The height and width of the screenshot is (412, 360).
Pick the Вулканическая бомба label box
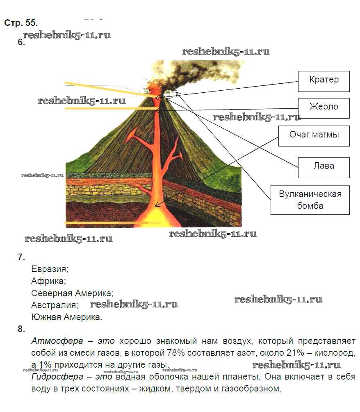click(310, 199)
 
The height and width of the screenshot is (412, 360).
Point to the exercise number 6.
click(21, 42)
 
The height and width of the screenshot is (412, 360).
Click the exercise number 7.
click(21, 257)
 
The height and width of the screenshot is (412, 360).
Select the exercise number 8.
click(21, 329)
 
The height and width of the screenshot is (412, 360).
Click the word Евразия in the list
click(50, 270)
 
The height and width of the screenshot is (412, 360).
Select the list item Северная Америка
click(72, 293)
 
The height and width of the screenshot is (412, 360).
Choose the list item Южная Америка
click(66, 317)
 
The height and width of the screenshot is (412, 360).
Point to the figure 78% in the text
click(175, 353)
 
